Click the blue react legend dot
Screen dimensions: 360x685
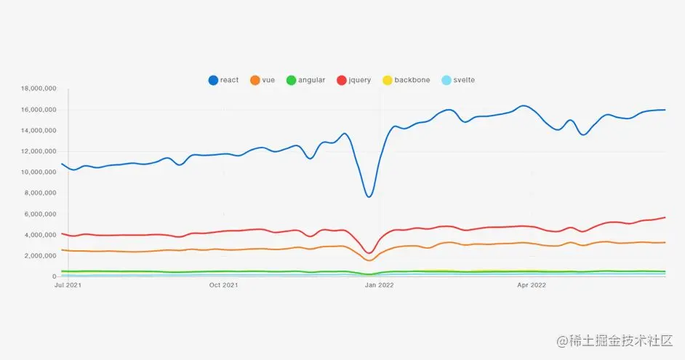(213, 80)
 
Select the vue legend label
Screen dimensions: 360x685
(268, 80)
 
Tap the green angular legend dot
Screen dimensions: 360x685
(292, 80)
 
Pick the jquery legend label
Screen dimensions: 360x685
(360, 80)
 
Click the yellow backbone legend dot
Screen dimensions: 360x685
(388, 80)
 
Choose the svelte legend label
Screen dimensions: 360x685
(464, 80)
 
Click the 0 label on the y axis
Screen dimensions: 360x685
(54, 276)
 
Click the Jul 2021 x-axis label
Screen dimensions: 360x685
(67, 285)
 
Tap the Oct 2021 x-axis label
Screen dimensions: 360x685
(223, 285)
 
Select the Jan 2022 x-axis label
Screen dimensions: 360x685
(379, 285)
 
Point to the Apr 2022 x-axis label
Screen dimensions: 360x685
(532, 285)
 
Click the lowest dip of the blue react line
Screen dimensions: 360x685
(369, 196)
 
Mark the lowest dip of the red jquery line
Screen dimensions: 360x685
(369, 253)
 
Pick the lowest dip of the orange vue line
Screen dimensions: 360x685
(369, 260)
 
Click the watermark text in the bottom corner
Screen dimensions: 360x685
(614, 340)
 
